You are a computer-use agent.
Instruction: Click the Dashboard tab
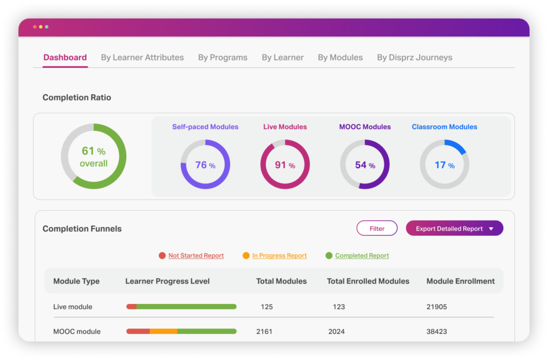coord(65,58)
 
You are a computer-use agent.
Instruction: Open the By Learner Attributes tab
coord(142,58)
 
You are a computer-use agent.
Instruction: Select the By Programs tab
coord(223,58)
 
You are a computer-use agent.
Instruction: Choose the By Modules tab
coord(340,58)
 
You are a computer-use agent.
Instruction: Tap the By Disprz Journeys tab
coord(414,58)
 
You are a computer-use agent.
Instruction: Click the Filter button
coord(377,228)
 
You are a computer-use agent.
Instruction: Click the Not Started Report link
coord(196,256)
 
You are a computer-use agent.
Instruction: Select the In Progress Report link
coord(279,256)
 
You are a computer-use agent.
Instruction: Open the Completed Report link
coord(362,256)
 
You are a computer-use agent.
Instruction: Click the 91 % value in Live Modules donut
coord(285,165)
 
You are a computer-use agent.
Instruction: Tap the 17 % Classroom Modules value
coord(444,165)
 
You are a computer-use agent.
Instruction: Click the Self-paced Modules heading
coord(205,127)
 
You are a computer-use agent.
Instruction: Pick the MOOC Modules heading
coord(365,127)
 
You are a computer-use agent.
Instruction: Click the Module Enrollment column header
coord(460,281)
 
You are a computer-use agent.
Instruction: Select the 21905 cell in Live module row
coord(437,307)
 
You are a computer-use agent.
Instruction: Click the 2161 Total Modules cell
coord(264,332)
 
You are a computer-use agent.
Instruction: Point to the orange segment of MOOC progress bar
coord(163,332)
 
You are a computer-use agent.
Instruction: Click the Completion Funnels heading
coord(82,229)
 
